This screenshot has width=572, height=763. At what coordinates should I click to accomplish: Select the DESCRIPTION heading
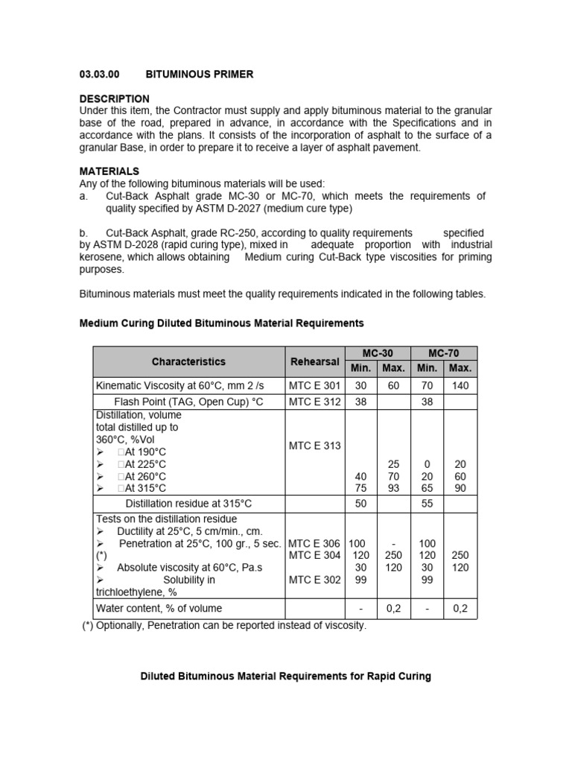(114, 98)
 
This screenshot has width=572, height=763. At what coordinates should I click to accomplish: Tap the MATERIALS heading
(109, 171)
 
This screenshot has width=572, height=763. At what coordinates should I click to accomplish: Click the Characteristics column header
(188, 361)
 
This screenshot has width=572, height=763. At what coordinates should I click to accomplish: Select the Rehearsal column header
(314, 361)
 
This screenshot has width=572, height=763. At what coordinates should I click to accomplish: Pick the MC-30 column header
(377, 353)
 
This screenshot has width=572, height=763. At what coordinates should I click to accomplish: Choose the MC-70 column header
(444, 353)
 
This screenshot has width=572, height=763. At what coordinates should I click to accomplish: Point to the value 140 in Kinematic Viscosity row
(460, 385)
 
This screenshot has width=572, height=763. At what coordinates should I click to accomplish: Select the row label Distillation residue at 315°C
(188, 504)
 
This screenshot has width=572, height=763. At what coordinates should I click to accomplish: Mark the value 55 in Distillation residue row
(427, 504)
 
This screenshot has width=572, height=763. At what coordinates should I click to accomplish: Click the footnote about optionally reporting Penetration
(224, 626)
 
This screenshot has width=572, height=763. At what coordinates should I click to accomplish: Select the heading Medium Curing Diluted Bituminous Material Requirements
(221, 323)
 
